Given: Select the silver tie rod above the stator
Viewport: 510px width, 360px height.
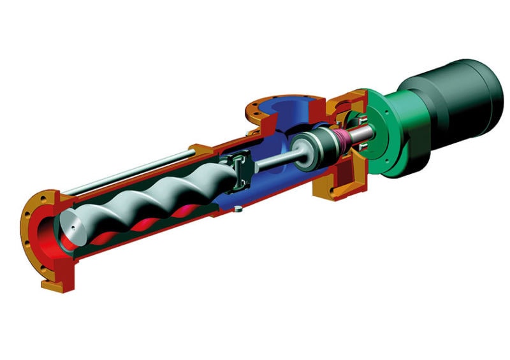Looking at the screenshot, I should click(127, 172).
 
